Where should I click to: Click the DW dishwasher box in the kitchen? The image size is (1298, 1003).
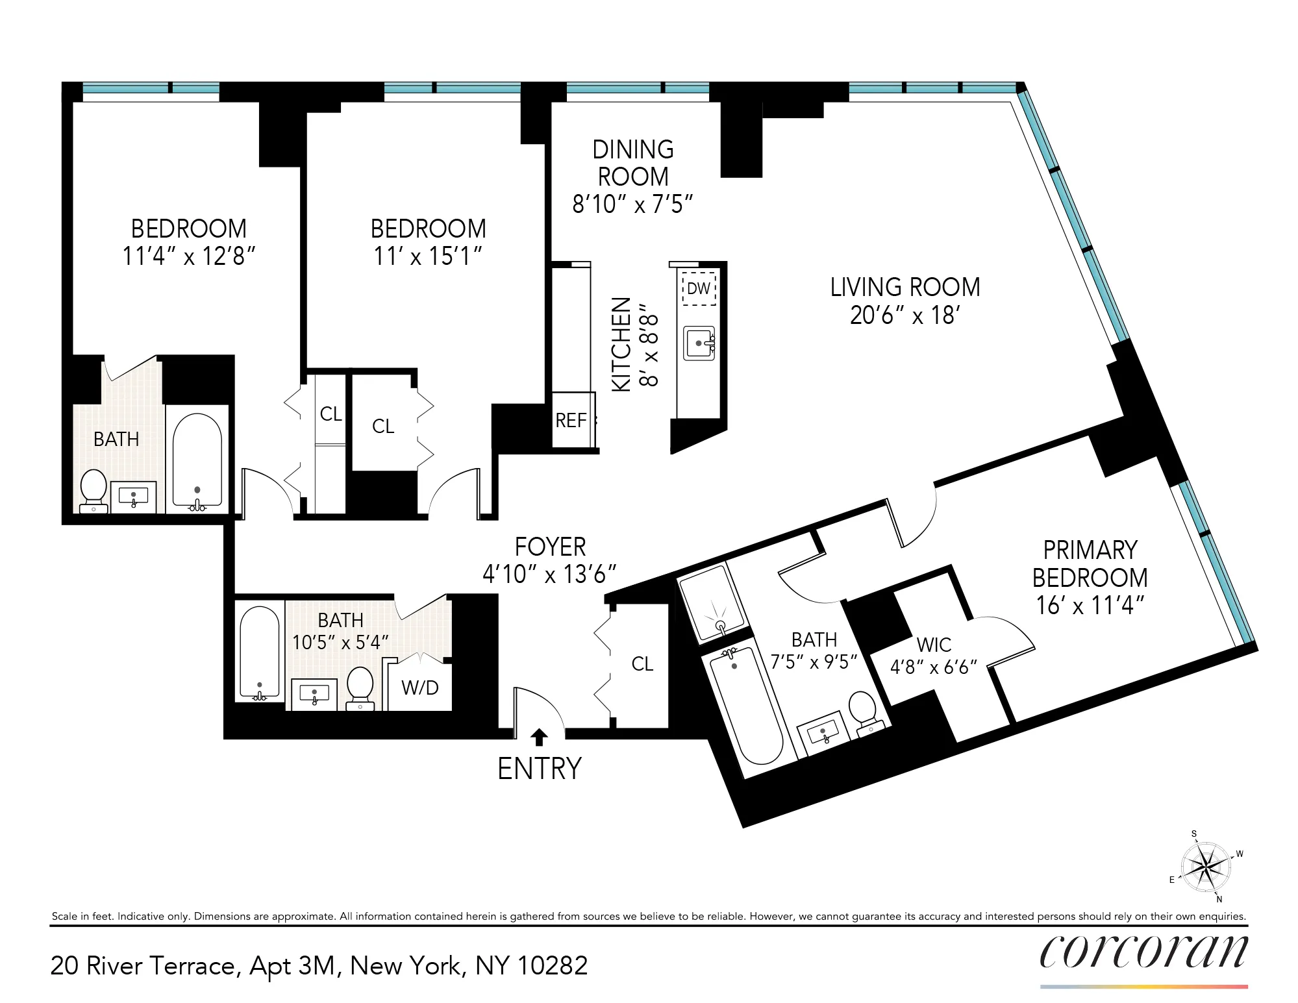click(x=699, y=288)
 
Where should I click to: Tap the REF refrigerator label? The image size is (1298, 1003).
click(x=571, y=421)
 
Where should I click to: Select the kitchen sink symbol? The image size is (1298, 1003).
click(x=699, y=343)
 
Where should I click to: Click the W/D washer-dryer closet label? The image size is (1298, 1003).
click(x=420, y=687)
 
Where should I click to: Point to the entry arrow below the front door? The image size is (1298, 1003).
click(x=539, y=737)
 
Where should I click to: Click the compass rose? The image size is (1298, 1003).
click(x=1206, y=867)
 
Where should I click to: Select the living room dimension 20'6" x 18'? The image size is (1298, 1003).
click(x=905, y=316)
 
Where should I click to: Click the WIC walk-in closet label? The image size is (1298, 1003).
click(x=934, y=645)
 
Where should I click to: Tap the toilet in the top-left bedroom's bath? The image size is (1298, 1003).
click(x=94, y=489)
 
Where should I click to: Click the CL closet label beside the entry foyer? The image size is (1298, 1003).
click(x=642, y=663)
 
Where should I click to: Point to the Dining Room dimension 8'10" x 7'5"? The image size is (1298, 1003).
click(x=632, y=204)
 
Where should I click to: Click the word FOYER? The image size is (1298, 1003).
click(x=550, y=547)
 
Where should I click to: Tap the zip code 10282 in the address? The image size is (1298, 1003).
click(x=552, y=966)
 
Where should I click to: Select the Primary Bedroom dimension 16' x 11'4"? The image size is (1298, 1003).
click(x=1090, y=605)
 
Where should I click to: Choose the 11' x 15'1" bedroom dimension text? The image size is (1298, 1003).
click(x=428, y=256)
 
